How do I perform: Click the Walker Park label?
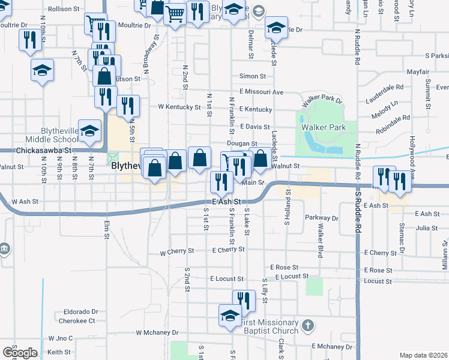tap(324, 127)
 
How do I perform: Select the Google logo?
tap(20, 352)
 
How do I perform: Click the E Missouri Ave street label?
tap(261, 92)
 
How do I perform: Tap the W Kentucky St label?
tap(179, 107)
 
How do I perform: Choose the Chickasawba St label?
tap(44, 151)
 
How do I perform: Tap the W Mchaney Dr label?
tap(157, 332)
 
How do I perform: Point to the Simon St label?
tap(252, 76)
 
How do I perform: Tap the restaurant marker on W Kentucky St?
tap(128, 106)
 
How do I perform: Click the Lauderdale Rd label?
tap(387, 87)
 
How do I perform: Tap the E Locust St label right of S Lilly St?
tap(291, 277)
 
